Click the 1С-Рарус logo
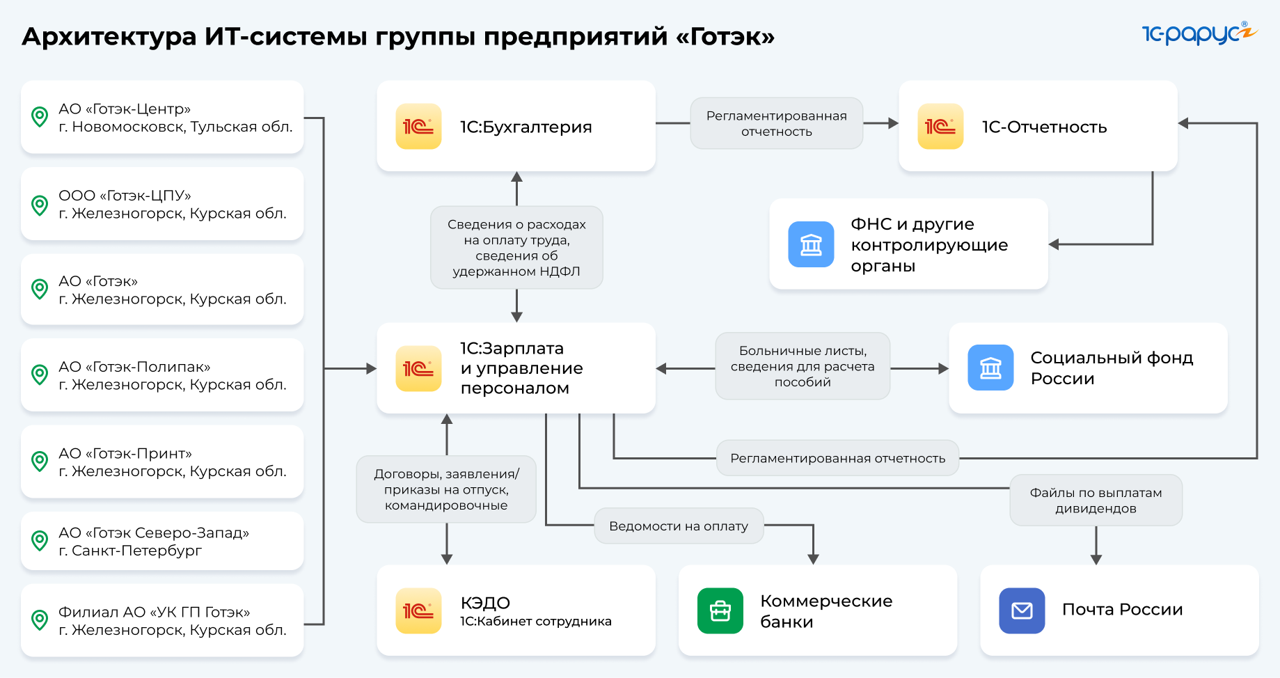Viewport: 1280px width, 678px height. pos(1199,33)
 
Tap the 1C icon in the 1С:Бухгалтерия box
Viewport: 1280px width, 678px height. pos(418,126)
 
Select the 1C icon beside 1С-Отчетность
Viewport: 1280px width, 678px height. pos(940,126)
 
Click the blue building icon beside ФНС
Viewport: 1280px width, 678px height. pos(811,244)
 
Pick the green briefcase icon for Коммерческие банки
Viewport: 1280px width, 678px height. pos(720,610)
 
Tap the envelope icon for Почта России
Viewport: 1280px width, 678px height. pos(1022,610)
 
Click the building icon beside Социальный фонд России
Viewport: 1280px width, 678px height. pos(990,368)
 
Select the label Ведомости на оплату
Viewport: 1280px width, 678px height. pos(679,526)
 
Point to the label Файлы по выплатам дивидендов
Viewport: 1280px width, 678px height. pos(1096,500)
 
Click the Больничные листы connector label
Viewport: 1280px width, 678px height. pos(803,366)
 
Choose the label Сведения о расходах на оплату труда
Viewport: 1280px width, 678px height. pos(516,247)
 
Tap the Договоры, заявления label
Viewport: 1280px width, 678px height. pos(446,489)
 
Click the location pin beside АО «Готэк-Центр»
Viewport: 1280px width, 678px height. pos(40,117)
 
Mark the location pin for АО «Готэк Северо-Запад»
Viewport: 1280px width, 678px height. pos(40,541)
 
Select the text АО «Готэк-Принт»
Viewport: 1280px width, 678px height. pos(125,453)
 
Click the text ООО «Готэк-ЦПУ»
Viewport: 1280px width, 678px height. pos(125,196)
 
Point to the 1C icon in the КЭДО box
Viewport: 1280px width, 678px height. pos(418,610)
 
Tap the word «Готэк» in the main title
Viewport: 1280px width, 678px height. pos(725,36)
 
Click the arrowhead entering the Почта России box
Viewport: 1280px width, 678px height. pos(1096,559)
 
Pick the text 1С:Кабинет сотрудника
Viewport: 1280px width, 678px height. pos(536,621)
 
